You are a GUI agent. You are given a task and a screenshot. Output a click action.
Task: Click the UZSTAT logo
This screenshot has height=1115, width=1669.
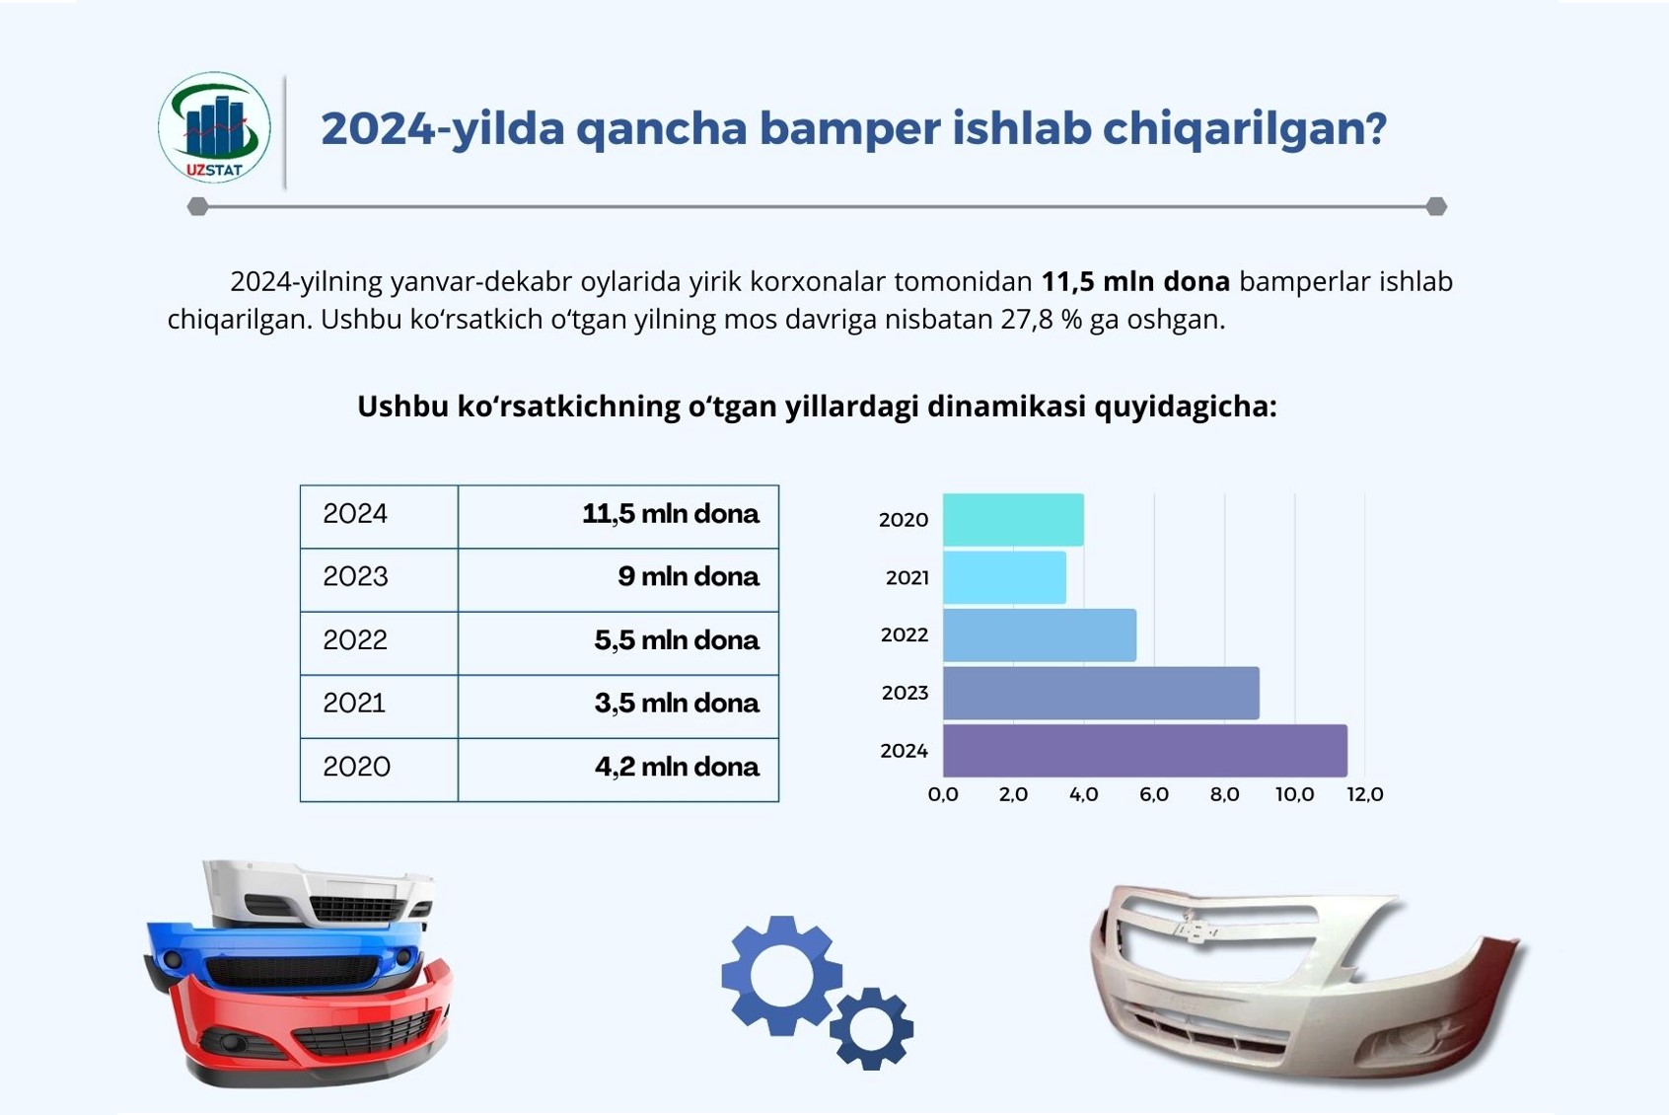[215, 127]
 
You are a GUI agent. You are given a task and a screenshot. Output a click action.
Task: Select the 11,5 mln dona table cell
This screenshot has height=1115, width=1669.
[618, 516]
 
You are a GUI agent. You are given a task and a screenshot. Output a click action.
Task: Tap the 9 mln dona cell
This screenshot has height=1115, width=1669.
[618, 580]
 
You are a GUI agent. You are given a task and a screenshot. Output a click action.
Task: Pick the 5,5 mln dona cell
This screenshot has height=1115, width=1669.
[618, 643]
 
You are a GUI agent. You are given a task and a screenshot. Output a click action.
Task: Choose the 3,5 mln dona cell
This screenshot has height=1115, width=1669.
[618, 706]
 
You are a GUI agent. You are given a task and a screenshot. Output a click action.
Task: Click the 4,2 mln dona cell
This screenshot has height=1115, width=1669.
[618, 770]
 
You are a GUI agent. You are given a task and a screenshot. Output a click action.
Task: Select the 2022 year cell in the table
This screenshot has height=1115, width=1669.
[379, 643]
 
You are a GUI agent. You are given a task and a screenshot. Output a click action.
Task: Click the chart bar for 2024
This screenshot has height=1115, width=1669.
[1144, 751]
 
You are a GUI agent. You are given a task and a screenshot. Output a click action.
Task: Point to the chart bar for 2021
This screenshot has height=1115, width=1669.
[1004, 577]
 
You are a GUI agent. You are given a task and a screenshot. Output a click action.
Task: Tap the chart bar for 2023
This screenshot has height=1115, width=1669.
[1101, 693]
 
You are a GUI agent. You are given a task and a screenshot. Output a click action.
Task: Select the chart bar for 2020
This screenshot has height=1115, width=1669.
[1013, 519]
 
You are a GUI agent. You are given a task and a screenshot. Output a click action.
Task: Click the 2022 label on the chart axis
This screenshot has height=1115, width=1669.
[905, 635]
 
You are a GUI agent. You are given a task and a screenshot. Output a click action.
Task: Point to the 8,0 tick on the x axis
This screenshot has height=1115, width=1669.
[1224, 794]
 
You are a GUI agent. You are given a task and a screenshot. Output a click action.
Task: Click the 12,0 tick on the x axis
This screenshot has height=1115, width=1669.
[1365, 794]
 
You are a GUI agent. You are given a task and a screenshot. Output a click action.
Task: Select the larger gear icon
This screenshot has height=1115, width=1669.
[781, 975]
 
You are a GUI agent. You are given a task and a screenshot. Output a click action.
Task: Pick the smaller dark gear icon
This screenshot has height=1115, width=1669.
[872, 1028]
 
